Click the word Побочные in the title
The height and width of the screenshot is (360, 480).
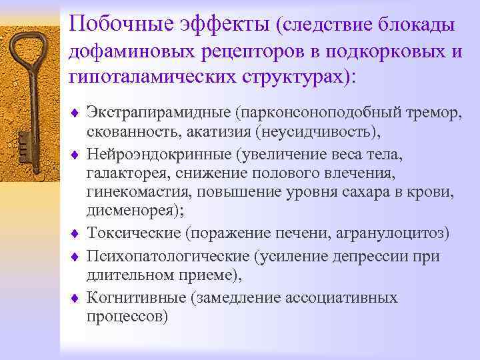tap(123, 25)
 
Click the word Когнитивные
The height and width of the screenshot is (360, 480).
tap(136, 298)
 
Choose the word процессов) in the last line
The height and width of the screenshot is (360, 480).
tap(127, 317)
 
